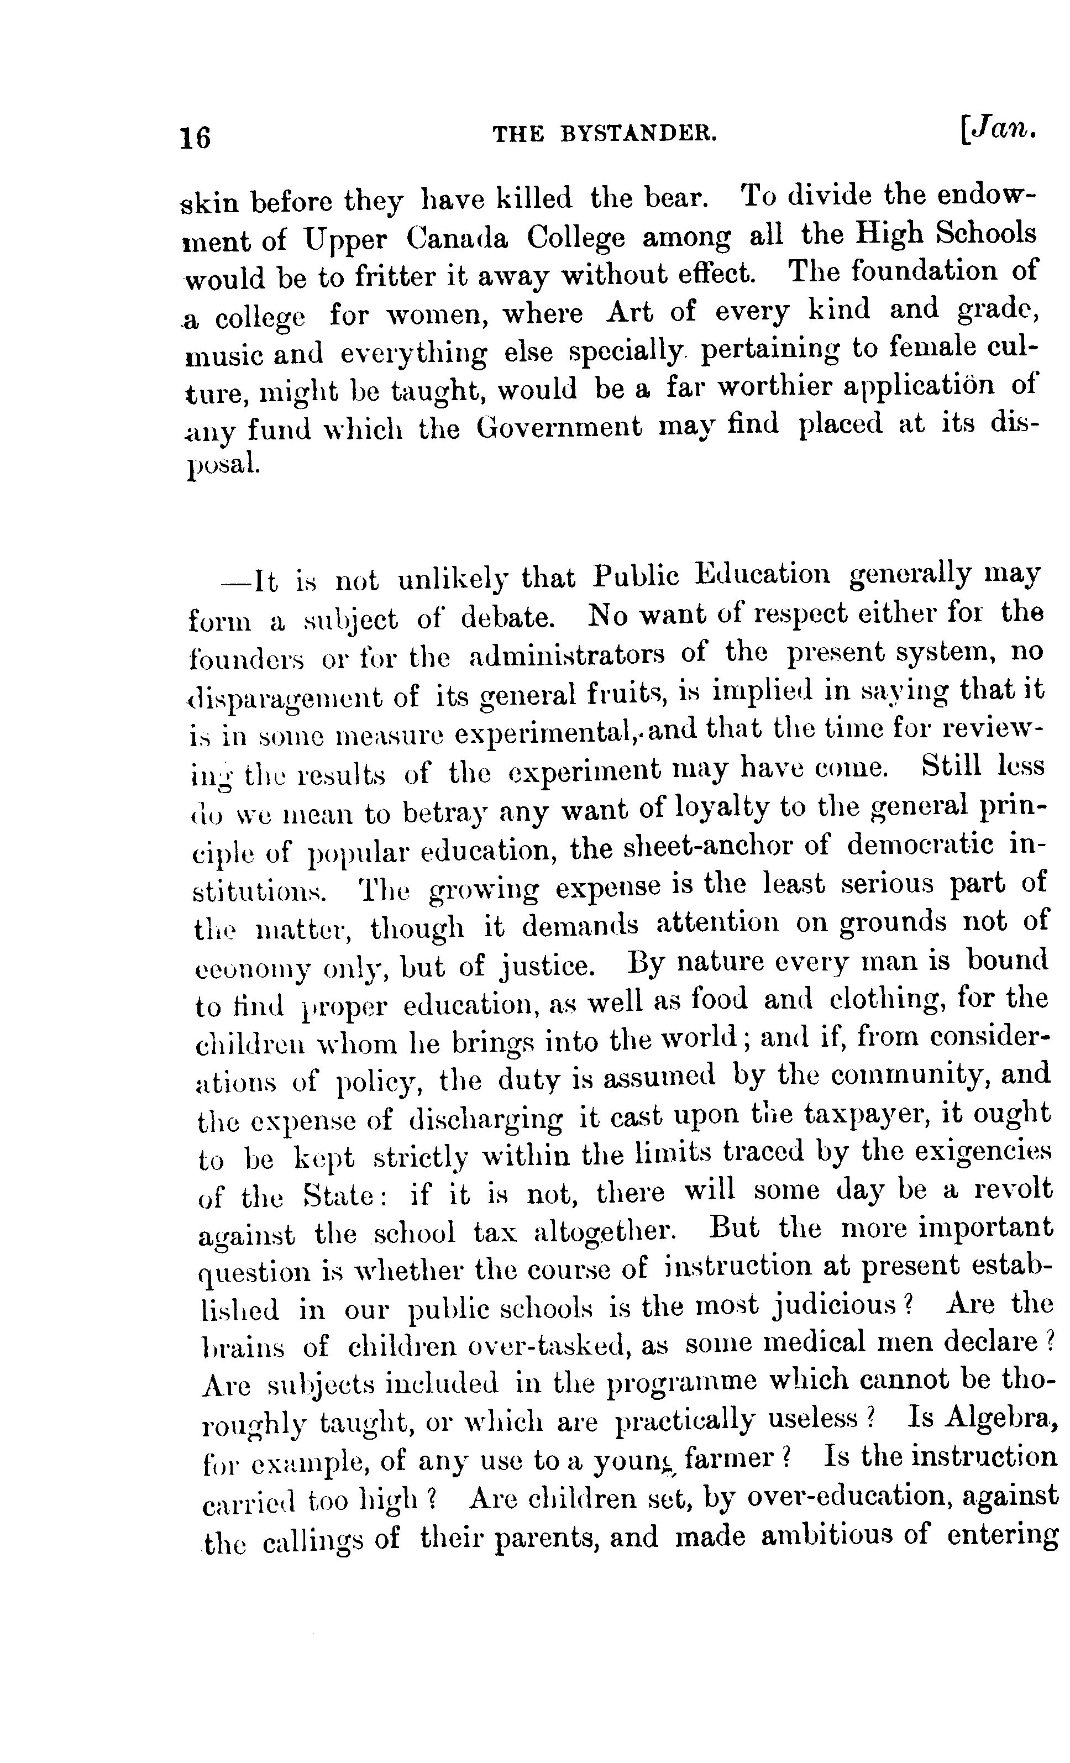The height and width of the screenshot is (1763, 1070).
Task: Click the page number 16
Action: (196, 136)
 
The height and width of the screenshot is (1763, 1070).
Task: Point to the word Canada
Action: (457, 238)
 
